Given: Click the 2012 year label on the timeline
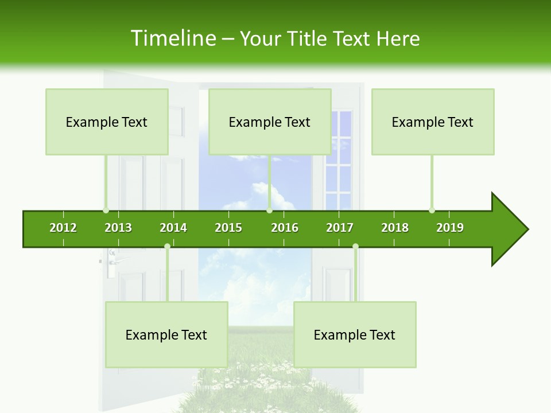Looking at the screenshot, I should (x=63, y=228).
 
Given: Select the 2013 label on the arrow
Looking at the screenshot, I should (x=118, y=228).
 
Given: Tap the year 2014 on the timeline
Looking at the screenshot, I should (x=173, y=228).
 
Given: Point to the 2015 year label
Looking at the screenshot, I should (x=228, y=228).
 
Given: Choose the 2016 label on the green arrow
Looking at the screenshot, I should (x=285, y=228).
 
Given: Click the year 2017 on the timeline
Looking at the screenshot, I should (x=340, y=228).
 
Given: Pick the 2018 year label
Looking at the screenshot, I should (x=395, y=228).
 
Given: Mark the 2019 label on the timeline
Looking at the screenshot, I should (x=450, y=228).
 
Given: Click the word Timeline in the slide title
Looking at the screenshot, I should (x=173, y=38).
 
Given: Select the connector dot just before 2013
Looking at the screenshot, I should (x=106, y=210).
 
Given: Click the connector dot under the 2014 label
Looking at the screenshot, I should (x=167, y=247).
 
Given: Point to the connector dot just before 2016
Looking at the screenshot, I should (x=269, y=210).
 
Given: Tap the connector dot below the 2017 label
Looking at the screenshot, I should (x=355, y=247).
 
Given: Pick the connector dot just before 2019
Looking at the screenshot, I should (x=432, y=210).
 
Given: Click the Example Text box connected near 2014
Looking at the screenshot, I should (x=166, y=334).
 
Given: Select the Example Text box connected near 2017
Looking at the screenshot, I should (x=355, y=334).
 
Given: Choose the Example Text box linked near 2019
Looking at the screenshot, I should (x=433, y=122).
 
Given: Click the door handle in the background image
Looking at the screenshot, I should (x=118, y=260).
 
